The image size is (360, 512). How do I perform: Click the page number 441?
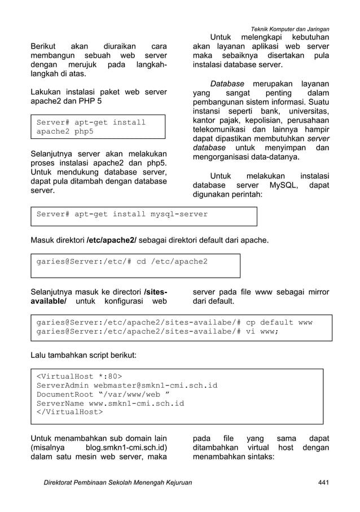click(x=323, y=482)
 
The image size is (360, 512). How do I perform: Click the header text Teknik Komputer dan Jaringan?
click(x=290, y=29)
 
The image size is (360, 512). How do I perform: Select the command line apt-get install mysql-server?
click(x=122, y=215)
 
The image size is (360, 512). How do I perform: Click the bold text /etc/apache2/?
click(x=111, y=241)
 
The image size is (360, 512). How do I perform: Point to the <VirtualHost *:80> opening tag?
click(x=79, y=376)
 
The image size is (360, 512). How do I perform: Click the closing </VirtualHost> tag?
click(x=70, y=412)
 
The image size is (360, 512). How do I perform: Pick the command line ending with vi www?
click(x=157, y=331)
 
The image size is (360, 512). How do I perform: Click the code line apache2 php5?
click(x=65, y=132)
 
